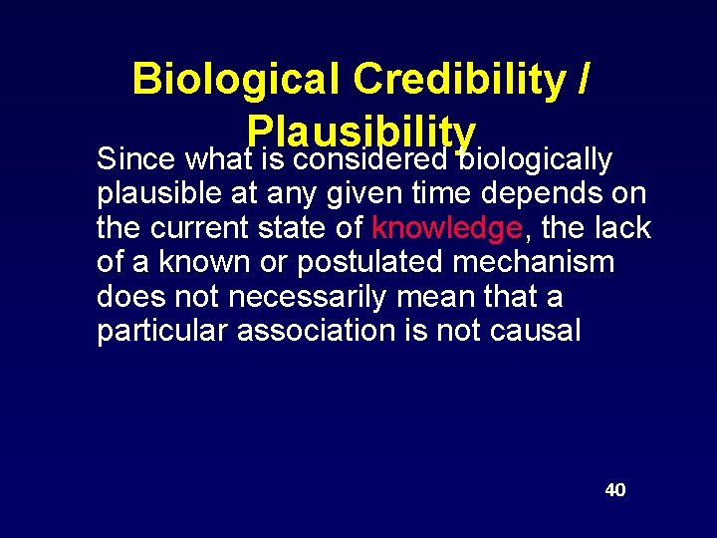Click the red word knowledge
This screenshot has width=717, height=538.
tap(446, 228)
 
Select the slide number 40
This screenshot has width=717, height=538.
tap(615, 490)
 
